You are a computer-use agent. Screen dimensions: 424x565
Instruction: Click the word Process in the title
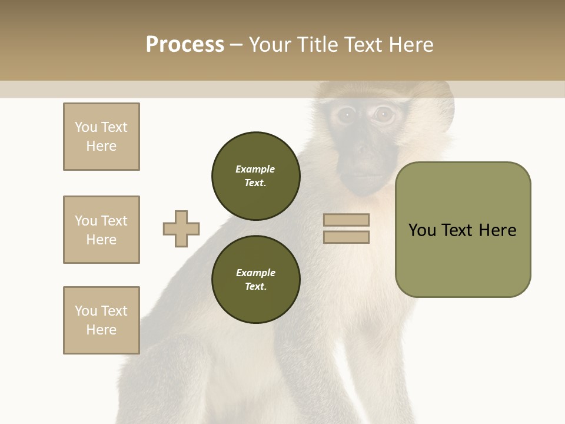[185, 45]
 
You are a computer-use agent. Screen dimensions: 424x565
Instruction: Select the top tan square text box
[101, 137]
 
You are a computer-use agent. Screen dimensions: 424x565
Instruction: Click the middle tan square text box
[101, 230]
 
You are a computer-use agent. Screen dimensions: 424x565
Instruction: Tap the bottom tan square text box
[101, 320]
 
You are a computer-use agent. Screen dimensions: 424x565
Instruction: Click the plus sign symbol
[181, 228]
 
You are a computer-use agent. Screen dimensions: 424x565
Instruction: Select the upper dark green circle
[255, 175]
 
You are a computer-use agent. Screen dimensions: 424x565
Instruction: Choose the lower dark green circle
[255, 279]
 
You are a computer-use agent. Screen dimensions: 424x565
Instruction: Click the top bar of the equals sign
[347, 220]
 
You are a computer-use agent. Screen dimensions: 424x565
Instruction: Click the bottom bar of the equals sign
[347, 237]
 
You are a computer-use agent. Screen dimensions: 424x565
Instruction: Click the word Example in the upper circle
[255, 169]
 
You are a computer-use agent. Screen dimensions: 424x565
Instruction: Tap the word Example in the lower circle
[255, 273]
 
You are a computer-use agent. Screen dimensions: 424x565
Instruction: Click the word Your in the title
[271, 45]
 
